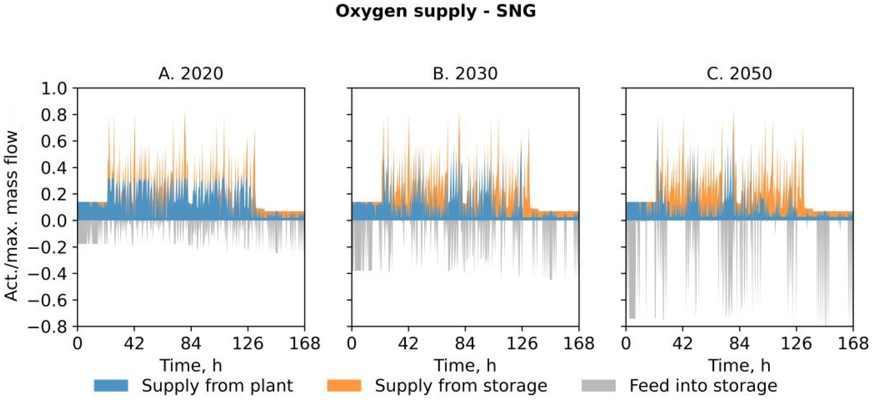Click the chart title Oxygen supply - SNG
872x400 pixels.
click(436, 11)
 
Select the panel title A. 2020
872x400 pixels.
click(191, 73)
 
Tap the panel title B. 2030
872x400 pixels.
click(465, 73)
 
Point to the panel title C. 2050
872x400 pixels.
click(739, 73)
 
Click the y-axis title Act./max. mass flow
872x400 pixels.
click(11, 216)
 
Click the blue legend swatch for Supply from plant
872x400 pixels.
click(111, 386)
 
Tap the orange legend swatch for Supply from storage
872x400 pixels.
click(344, 386)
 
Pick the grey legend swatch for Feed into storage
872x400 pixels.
click(598, 386)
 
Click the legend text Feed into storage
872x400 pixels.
click(703, 386)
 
